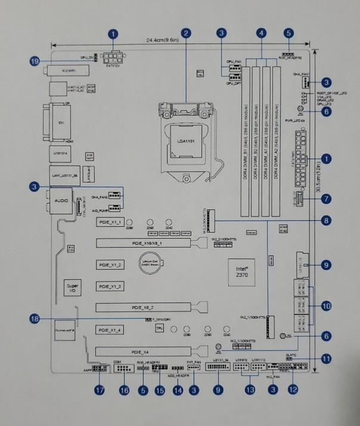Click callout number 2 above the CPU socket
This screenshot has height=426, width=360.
187,33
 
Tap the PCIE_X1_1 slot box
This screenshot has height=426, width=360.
110,222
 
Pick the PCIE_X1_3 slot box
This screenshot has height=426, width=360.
110,286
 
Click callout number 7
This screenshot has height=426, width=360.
326,197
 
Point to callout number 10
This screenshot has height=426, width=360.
326,305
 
